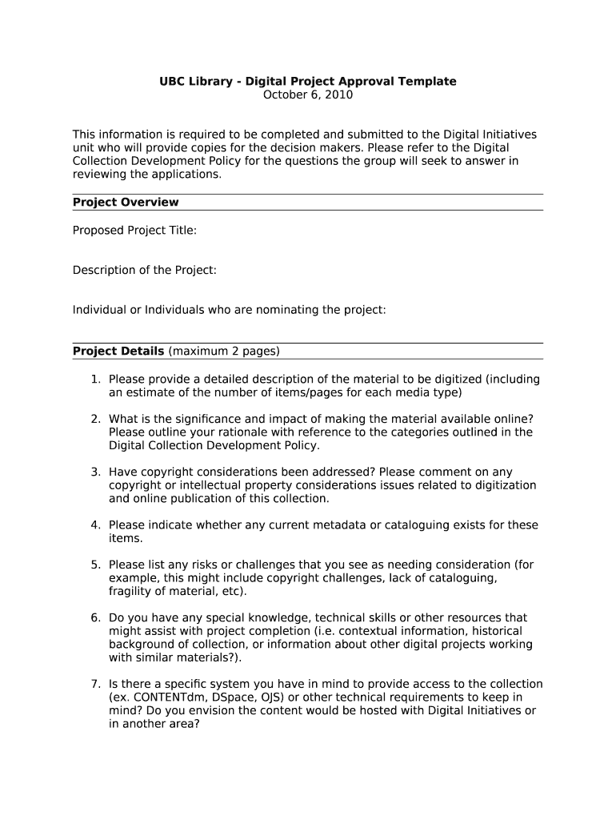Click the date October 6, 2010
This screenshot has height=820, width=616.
point(308,95)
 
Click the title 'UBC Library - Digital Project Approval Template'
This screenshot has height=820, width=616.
point(308,82)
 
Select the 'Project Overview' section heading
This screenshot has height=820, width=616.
point(126,203)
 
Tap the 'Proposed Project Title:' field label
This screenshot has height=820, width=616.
point(134,231)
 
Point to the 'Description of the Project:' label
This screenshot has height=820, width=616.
point(145,270)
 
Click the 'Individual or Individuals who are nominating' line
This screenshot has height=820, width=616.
point(229,310)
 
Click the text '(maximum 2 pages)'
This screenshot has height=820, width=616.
point(224,352)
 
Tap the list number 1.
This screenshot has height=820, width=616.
point(94,380)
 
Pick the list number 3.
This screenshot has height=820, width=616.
point(94,472)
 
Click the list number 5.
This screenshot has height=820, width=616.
point(94,565)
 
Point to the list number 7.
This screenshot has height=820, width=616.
point(94,685)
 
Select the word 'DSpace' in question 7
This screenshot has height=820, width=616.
point(219,697)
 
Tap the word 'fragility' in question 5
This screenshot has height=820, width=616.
point(131,592)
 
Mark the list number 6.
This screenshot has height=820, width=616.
point(94,618)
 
